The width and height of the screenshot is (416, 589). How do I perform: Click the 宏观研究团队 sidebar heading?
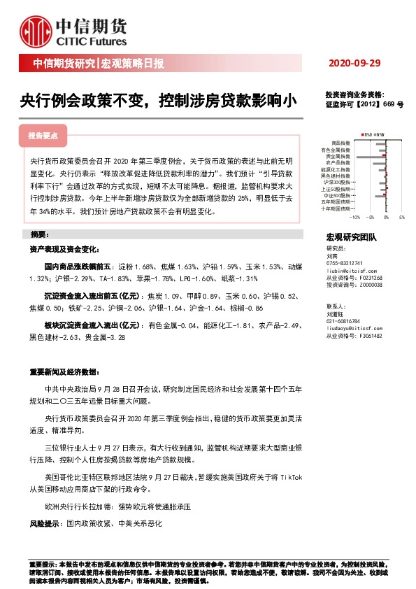[x=351, y=238]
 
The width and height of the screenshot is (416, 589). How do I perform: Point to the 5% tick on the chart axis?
[x=402, y=218]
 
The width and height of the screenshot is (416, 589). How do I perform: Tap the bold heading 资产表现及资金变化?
[x=65, y=249]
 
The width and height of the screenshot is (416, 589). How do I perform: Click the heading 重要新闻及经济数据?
[x=65, y=371]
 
